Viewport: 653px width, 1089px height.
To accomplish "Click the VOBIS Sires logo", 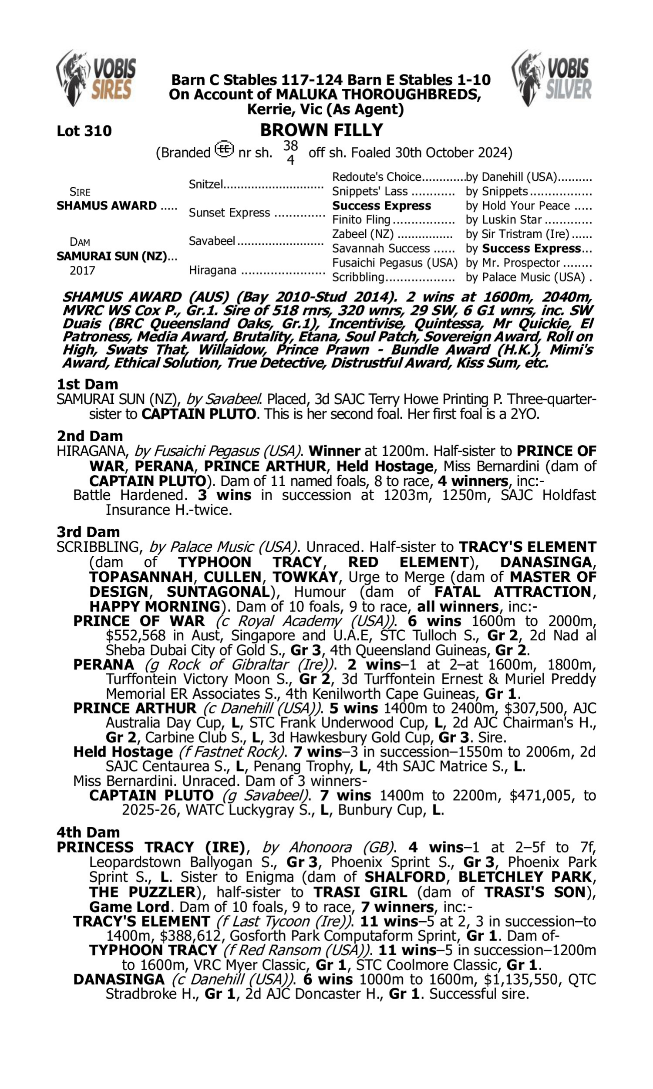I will coord(96,78).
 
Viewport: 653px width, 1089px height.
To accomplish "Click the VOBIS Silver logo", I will coord(552,78).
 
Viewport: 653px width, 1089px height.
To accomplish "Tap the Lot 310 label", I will coord(84,131).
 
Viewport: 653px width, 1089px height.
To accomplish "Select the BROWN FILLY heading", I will coord(321,130).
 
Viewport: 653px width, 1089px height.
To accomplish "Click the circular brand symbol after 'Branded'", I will coord(224,149).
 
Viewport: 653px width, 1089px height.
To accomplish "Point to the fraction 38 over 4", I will coord(290,152).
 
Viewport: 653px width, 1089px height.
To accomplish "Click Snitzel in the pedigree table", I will coord(206,184).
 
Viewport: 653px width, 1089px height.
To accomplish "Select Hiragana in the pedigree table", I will coord(212,270).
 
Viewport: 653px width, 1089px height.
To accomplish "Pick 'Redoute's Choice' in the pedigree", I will coord(377,177).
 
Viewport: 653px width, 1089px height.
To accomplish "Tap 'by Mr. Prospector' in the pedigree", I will coord(513,263).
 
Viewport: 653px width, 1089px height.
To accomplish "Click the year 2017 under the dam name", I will coord(82,271).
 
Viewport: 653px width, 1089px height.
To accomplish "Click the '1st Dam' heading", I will coord(87,384).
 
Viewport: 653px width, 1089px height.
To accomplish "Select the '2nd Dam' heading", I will coord(90,436).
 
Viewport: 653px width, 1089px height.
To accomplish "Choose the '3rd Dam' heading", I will coord(88,532).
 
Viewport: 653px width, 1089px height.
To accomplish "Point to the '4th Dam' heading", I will coord(88,832).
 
